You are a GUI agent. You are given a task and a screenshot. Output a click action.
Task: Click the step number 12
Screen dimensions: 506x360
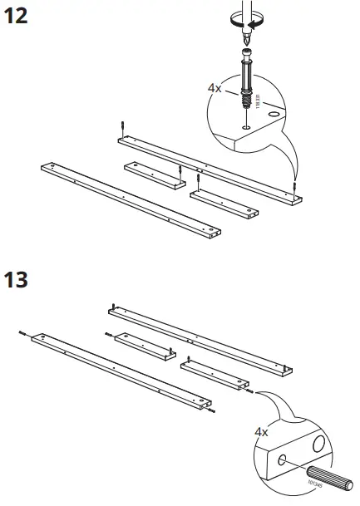[x=17, y=16]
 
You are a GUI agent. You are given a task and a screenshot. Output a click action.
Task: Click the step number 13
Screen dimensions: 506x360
[x=17, y=278]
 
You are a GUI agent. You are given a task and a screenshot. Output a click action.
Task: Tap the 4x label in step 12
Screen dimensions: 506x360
[x=215, y=86]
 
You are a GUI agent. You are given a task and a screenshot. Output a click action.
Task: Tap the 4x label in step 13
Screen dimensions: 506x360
[x=261, y=432]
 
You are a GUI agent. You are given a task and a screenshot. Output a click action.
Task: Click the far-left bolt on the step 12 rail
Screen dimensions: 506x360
[x=122, y=126]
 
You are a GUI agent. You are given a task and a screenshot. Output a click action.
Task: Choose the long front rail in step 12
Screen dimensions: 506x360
[x=129, y=199]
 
